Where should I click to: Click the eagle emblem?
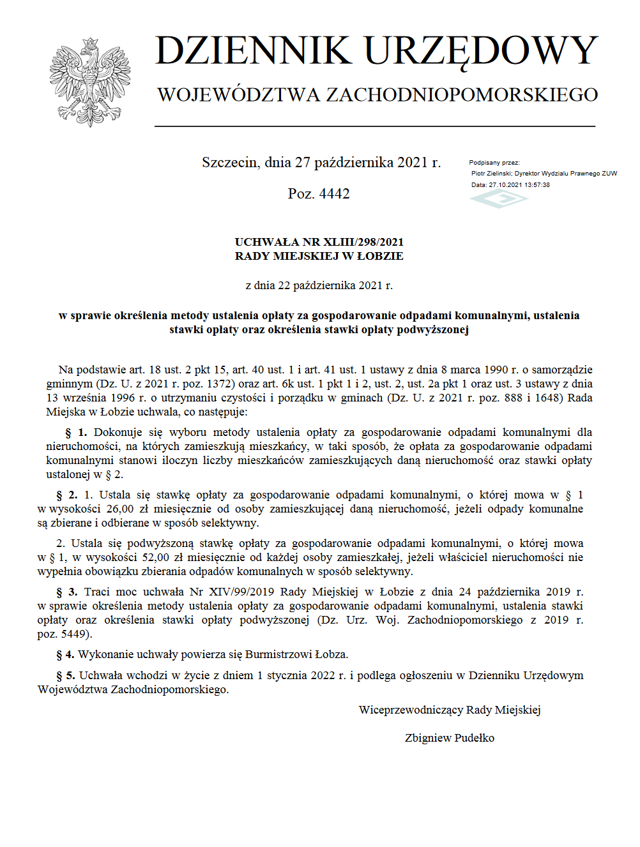(x=90, y=82)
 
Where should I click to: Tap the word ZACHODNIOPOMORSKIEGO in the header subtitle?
(x=462, y=95)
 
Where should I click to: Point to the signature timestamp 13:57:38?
(x=537, y=185)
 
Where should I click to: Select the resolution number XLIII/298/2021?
(x=363, y=242)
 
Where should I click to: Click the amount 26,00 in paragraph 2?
(x=120, y=509)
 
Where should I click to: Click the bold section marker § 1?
(x=76, y=432)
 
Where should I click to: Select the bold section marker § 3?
(x=67, y=592)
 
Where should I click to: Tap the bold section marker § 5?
(x=66, y=675)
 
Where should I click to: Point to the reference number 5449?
(x=73, y=634)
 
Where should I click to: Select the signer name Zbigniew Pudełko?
(x=450, y=738)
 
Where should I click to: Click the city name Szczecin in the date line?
(x=231, y=163)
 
